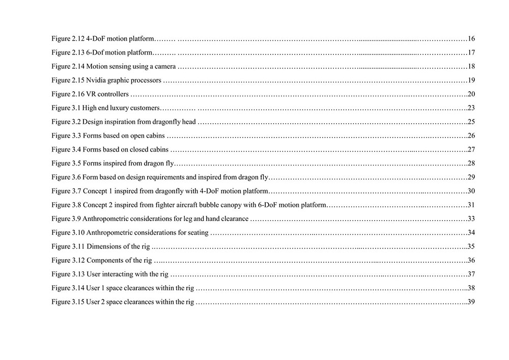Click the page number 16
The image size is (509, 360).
[471, 39]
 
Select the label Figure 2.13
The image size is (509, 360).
[68, 52]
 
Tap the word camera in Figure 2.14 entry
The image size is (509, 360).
[165, 66]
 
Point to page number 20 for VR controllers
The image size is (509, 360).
[471, 94]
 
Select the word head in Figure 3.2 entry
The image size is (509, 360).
[189, 122]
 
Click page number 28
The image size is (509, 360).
[471, 163]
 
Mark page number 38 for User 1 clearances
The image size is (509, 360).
[471, 288]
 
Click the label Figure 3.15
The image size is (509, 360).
[68, 302]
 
